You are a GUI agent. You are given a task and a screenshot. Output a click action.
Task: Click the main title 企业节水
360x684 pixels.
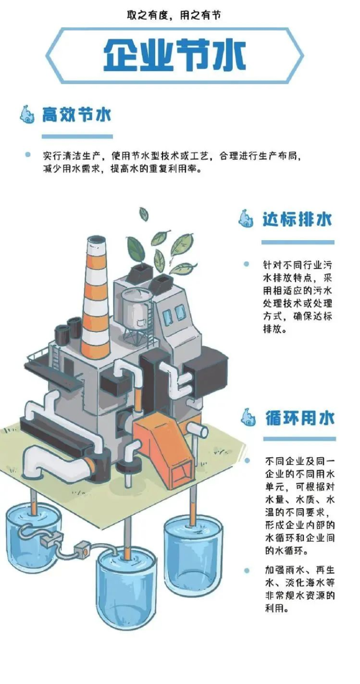point(174,55)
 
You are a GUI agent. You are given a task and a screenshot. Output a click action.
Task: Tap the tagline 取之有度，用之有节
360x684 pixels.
point(174,15)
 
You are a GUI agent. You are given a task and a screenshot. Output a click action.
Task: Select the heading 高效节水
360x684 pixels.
point(76,115)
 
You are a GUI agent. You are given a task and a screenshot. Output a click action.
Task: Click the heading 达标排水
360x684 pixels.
point(297,219)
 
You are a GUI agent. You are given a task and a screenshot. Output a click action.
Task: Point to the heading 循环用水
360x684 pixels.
point(300,417)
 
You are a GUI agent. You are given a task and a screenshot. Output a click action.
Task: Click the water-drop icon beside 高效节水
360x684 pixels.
point(27,115)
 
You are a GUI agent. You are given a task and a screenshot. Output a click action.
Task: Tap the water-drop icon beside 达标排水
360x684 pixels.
point(246,219)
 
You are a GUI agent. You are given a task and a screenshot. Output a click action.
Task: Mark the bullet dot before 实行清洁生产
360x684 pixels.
point(28,155)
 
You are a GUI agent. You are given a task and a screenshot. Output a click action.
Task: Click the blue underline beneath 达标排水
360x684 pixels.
point(297,242)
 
